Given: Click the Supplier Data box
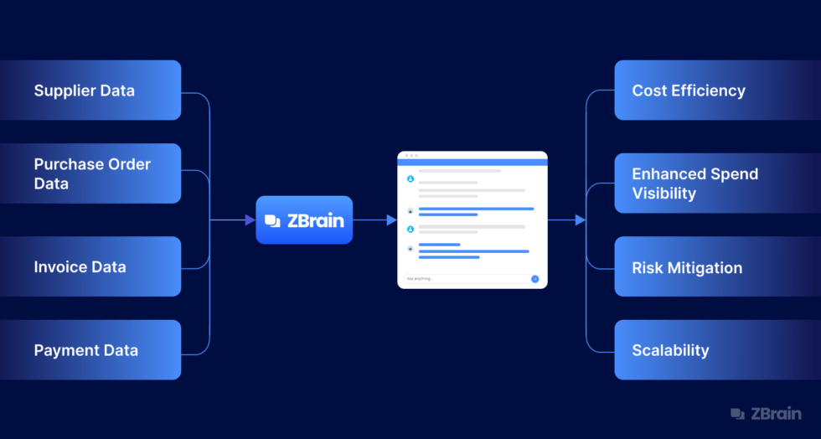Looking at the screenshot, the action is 90,90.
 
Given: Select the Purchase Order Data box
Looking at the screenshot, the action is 90,173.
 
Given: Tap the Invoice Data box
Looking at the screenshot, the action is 90,266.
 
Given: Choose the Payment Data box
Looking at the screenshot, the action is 90,350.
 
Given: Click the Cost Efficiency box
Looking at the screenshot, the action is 717,90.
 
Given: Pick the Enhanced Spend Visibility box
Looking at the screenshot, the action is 717,183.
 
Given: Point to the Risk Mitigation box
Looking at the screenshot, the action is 717,266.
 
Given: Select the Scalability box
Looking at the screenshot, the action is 717,350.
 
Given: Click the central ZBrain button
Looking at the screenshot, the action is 304,220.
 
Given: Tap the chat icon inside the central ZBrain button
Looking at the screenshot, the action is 273,221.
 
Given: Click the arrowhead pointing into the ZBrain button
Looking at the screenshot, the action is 250,220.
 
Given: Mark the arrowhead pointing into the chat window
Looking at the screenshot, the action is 392,220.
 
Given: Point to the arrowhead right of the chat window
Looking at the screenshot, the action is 580,220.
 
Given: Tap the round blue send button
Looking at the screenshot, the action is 535,279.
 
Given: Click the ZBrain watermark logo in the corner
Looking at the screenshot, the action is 766,414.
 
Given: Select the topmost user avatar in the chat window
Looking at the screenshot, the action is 410,178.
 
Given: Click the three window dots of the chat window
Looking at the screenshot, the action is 411,156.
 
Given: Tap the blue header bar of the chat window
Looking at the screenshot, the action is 472,163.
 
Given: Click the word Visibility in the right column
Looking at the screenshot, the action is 664,194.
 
